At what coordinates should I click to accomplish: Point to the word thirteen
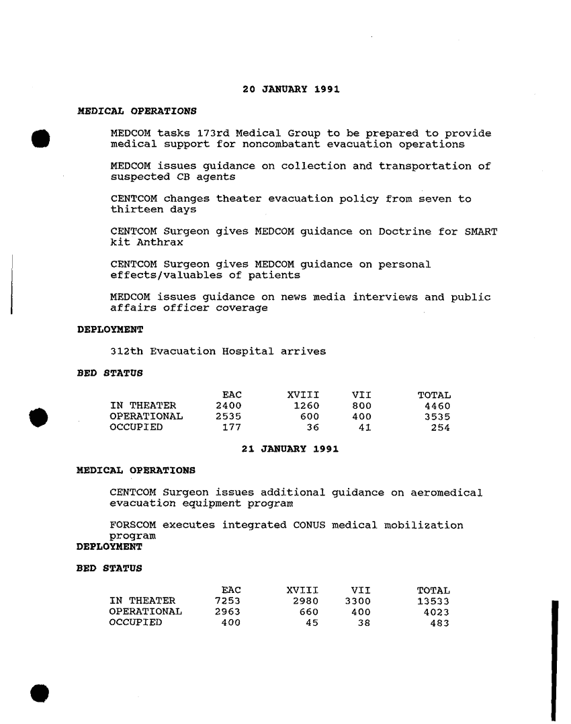pyautogui.click(x=136, y=209)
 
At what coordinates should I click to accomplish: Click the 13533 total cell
pyautogui.click(x=433, y=601)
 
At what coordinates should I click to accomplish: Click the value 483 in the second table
pyautogui.click(x=439, y=622)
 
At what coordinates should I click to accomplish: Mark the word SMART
pyautogui.click(x=481, y=232)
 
